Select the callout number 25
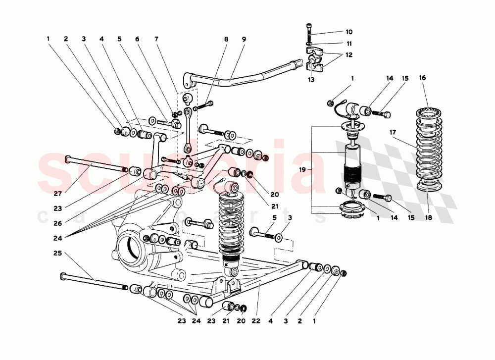[x=57, y=254]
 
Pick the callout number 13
[x=311, y=79]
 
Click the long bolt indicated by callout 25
[x=94, y=281]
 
